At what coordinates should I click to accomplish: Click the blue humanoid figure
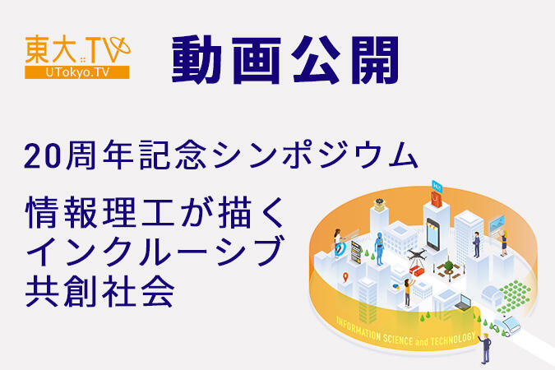click(x=379, y=247)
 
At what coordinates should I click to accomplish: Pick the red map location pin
click(x=345, y=275)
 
